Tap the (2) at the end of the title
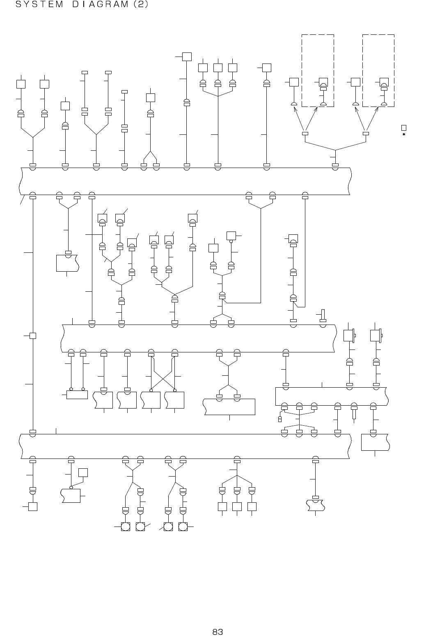click(141, 5)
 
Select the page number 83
click(218, 631)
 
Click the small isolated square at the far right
click(404, 128)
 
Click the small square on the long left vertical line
click(33, 336)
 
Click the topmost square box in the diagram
click(187, 57)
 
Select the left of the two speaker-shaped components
click(349, 335)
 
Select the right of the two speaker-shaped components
click(376, 335)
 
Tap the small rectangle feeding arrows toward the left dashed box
click(305, 133)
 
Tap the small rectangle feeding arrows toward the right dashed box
click(366, 133)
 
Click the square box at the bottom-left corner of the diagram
click(33, 506)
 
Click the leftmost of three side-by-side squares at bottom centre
click(222, 506)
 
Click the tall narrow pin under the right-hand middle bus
click(354, 413)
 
